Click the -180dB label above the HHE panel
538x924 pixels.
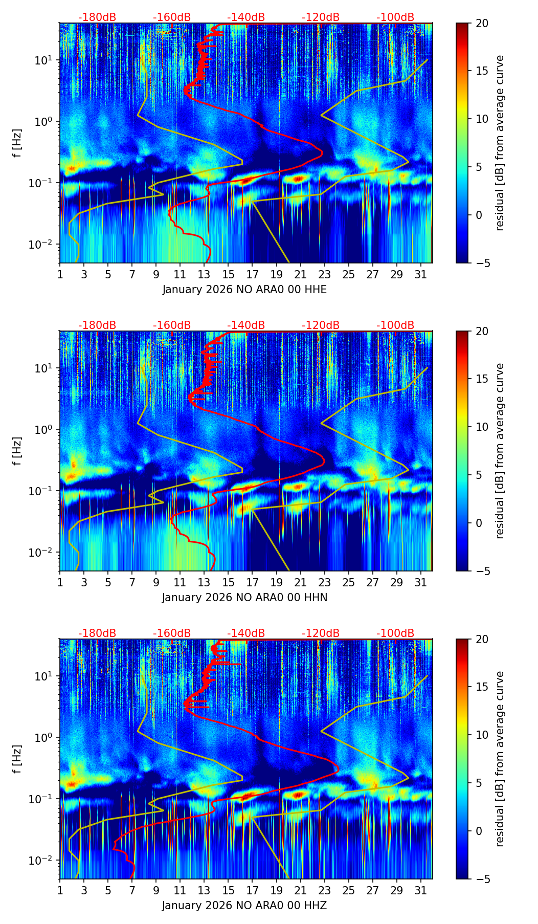click(97, 17)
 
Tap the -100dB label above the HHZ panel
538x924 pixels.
click(395, 633)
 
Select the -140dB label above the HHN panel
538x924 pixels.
click(246, 325)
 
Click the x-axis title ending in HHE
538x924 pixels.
click(244, 290)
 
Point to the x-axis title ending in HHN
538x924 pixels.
click(244, 598)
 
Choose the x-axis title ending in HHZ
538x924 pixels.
click(244, 906)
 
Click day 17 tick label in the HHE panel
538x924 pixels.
click(253, 274)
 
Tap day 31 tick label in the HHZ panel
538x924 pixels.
click(421, 890)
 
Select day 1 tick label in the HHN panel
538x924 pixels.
click(60, 582)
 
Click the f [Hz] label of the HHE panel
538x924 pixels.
click(17, 143)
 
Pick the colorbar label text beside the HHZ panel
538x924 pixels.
click(500, 759)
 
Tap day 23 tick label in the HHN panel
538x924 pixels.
click(325, 582)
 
